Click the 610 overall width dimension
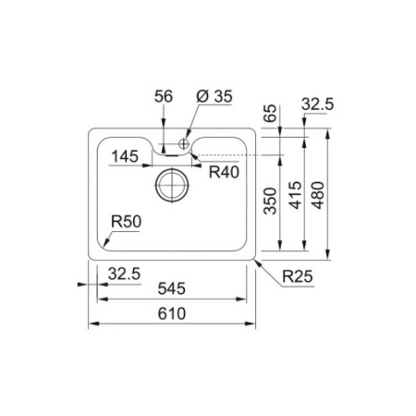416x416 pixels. (172, 313)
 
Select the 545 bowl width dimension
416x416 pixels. (172, 288)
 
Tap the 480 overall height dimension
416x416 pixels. (318, 195)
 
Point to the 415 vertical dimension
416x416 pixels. (296, 195)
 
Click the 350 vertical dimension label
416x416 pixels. (271, 201)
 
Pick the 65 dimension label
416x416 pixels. (271, 114)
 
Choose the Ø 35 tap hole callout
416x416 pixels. (214, 96)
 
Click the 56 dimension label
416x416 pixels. (164, 96)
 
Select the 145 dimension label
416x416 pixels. (125, 156)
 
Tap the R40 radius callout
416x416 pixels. (224, 172)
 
